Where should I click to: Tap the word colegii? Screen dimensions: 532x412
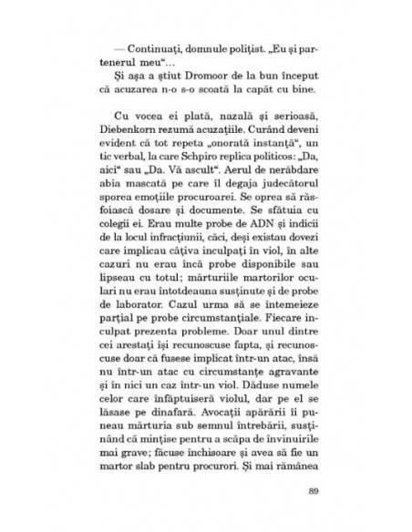[114, 232]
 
